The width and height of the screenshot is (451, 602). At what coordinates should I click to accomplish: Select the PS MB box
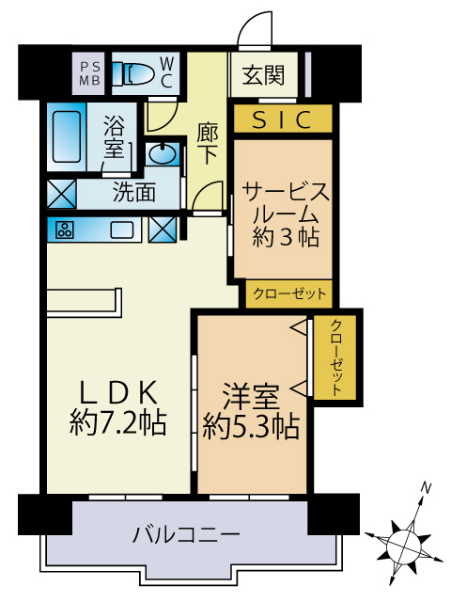tap(92, 73)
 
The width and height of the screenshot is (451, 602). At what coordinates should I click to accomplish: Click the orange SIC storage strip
tap(282, 119)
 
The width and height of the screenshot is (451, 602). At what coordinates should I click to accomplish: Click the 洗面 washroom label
tap(133, 194)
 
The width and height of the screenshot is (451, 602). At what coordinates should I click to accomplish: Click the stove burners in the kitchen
tap(65, 229)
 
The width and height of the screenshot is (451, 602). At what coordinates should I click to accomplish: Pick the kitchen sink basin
tap(123, 229)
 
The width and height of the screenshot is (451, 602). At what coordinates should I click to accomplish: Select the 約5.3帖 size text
tap(251, 426)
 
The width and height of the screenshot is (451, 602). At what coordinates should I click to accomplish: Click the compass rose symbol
tap(405, 543)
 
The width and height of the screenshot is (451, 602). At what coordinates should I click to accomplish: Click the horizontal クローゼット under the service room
tap(289, 294)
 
